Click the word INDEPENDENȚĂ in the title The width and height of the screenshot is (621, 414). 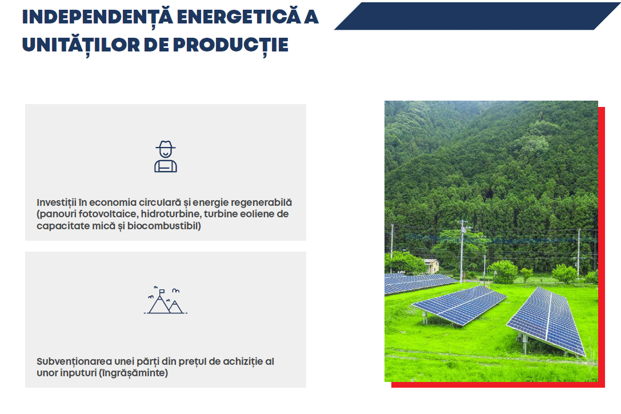(x=98, y=17)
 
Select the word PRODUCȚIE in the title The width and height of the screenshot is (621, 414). (x=230, y=45)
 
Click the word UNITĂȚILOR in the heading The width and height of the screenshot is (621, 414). (x=81, y=45)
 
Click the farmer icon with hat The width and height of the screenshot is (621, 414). (x=166, y=156)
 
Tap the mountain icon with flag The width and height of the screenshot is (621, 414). (x=166, y=300)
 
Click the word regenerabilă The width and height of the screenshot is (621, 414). (x=261, y=202)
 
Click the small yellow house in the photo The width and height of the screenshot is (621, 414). (x=431, y=266)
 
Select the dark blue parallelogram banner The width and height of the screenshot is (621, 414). (x=477, y=16)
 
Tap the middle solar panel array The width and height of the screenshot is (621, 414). (x=459, y=305)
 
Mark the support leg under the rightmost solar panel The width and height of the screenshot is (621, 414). (x=524, y=344)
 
